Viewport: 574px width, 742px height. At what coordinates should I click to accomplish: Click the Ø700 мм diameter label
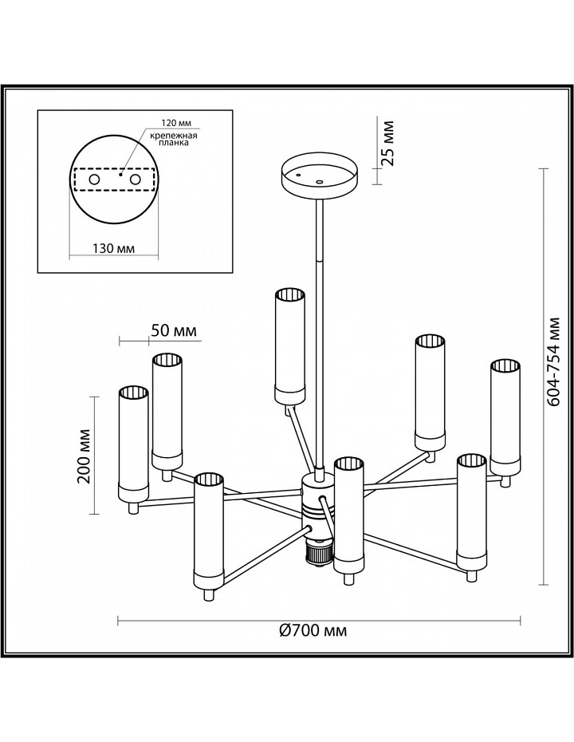point(313,630)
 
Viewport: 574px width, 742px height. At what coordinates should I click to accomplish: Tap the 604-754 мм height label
point(552,362)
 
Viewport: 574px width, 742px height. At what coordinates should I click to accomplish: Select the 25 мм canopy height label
point(387,143)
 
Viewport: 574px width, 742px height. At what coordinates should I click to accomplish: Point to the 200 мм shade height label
point(85,456)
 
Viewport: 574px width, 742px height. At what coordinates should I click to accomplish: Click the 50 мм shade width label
point(174,330)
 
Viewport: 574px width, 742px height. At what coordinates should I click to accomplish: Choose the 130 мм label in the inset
point(114,248)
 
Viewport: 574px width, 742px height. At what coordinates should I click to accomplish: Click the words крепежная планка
point(174,139)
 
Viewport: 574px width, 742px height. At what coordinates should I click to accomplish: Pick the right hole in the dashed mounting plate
point(136,180)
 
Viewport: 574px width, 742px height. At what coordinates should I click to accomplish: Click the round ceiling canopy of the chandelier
point(320,176)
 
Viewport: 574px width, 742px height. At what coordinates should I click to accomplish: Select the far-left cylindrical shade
point(133,444)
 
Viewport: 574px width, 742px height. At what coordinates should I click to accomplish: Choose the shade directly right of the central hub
point(348,515)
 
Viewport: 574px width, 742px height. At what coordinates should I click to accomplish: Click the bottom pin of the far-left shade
point(134,507)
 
